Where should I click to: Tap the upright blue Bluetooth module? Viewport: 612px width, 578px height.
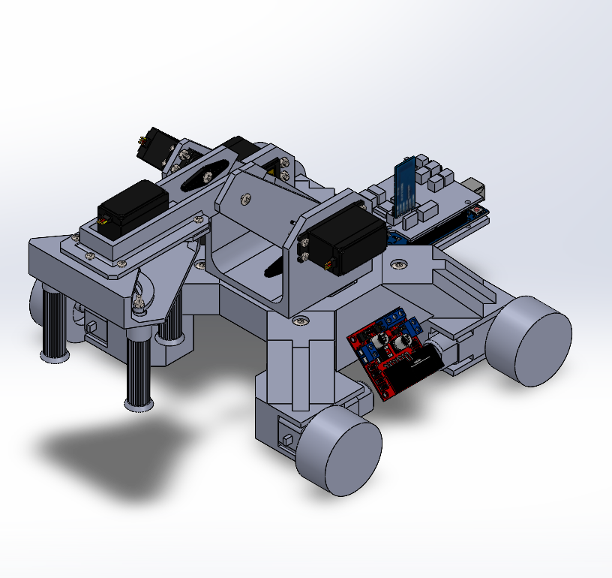[x=405, y=188]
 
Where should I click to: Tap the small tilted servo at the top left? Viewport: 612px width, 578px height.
[x=158, y=146]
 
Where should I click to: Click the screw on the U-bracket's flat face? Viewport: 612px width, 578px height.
[x=244, y=199]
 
